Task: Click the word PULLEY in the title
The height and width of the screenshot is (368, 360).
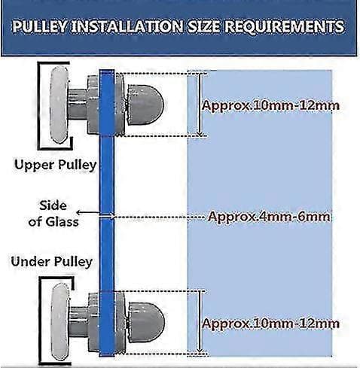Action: pos(39,27)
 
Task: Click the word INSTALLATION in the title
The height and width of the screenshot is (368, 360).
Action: pos(127,27)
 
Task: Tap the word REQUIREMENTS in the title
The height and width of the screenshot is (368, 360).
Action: pos(285,27)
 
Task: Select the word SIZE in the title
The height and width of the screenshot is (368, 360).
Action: pos(203,27)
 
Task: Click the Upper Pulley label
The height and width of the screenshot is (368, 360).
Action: pos(55,165)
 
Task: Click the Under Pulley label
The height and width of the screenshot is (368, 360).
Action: pos(52,262)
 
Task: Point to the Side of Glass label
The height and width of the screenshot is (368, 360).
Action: pos(53,214)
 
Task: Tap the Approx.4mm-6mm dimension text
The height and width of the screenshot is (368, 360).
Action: pos(269,217)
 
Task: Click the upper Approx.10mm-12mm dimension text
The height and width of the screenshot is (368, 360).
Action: pos(270,105)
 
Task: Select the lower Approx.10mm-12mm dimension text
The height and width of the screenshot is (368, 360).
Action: pos(270,324)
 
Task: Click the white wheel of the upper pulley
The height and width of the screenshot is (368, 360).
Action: pos(59,105)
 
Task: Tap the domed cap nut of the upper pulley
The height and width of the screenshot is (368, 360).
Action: pos(145,105)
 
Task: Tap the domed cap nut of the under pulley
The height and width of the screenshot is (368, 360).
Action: pos(146,322)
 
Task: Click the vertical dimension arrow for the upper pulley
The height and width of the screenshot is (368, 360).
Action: pos(200,105)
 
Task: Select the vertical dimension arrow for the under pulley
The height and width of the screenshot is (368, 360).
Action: pos(200,322)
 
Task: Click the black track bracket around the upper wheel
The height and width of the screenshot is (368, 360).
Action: pos(38,105)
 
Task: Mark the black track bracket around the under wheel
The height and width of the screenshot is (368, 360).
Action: pos(40,321)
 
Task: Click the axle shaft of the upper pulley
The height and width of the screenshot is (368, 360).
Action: pos(78,104)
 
